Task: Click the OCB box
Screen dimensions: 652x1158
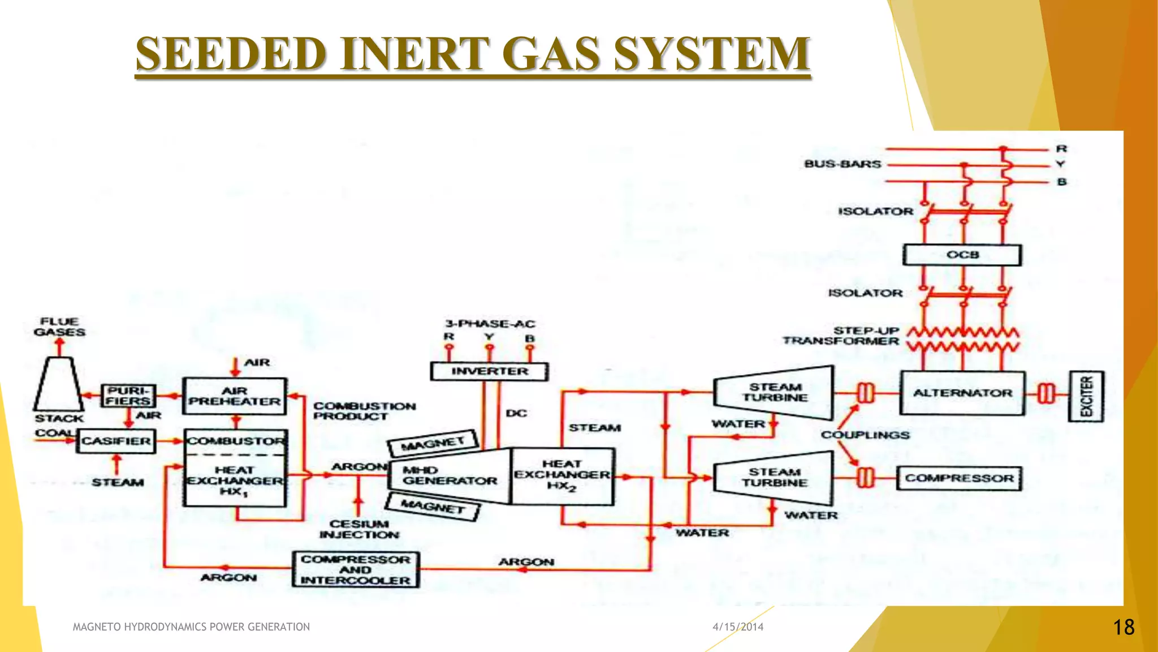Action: (962, 255)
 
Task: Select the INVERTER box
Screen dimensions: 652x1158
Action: (489, 372)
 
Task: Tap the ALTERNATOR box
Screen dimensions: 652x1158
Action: (962, 393)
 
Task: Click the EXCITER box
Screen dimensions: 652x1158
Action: (1086, 397)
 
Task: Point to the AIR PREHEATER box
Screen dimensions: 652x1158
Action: (234, 396)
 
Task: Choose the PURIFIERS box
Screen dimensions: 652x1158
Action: (128, 396)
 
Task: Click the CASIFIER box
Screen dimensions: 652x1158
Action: (116, 441)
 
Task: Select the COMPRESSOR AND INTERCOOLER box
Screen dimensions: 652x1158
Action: (356, 570)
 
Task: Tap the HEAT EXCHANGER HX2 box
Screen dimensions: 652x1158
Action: (562, 476)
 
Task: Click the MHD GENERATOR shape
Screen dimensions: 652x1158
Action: (450, 476)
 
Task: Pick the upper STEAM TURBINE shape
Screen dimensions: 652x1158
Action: (775, 393)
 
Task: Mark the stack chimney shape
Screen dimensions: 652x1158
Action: (58, 384)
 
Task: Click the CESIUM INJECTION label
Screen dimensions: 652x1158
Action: (359, 530)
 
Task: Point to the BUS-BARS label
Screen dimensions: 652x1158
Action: (842, 164)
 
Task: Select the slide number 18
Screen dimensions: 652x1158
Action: (1124, 627)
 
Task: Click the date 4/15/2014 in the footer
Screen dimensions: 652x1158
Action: (738, 627)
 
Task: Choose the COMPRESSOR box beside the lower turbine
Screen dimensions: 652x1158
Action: (959, 478)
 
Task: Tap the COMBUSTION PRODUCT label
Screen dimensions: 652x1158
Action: (364, 411)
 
